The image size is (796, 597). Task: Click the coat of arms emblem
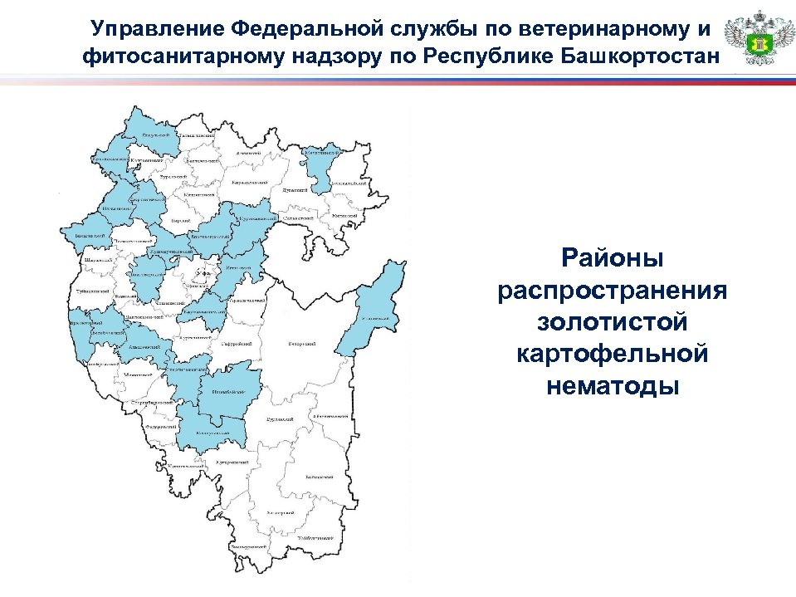[x=753, y=39]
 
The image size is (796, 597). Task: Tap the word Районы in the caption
[x=613, y=257]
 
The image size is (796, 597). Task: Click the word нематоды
[x=613, y=385]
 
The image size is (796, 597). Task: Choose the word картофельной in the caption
[x=613, y=354]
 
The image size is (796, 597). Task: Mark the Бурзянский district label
[x=276, y=420]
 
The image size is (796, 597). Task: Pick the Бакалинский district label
[x=84, y=236]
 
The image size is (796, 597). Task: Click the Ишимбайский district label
[x=227, y=391]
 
